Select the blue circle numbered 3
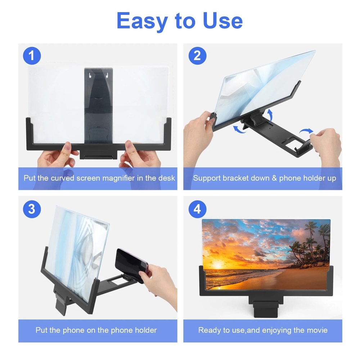pos(32,209)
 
